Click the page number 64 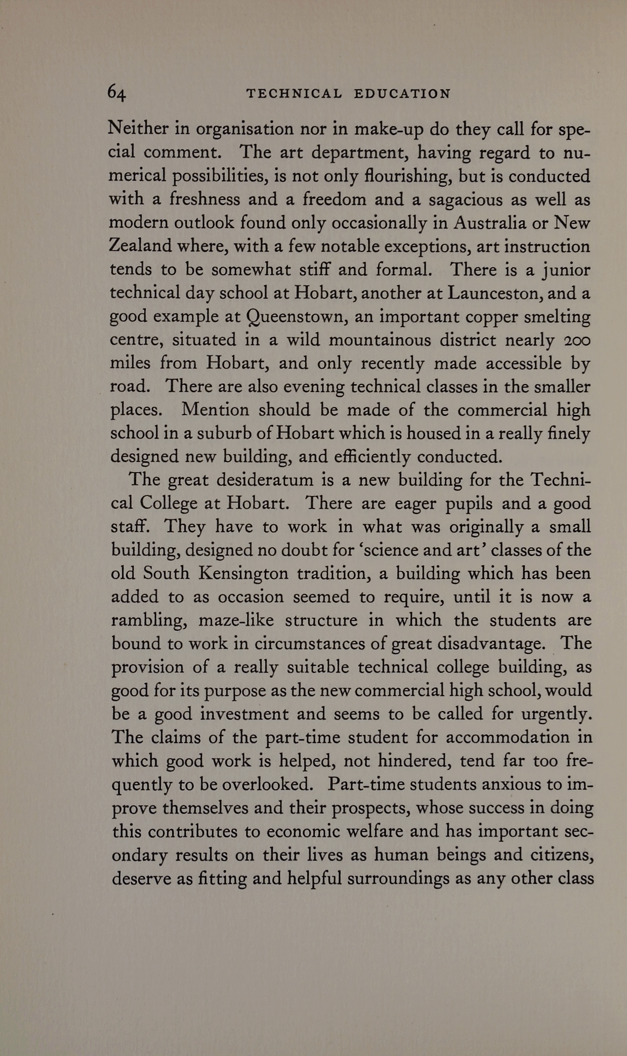[116, 93]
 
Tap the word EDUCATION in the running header [402, 94]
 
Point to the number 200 [577, 340]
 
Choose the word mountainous [379, 340]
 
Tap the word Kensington [243, 573]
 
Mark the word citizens [562, 854]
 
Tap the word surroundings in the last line [399, 878]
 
